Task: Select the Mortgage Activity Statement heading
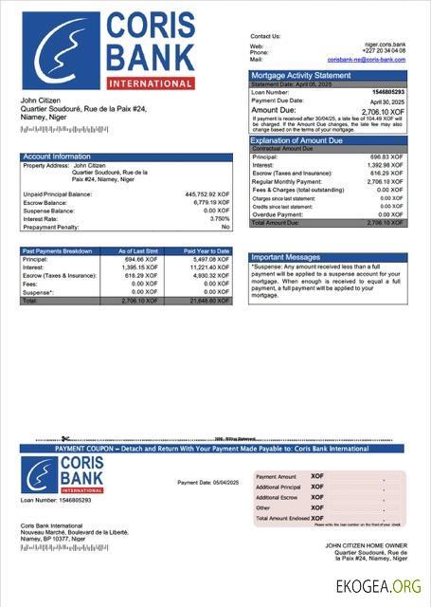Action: [x=299, y=76]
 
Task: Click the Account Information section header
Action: [x=57, y=156]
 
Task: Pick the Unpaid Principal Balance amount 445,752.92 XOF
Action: [x=207, y=194]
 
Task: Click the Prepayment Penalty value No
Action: [x=225, y=228]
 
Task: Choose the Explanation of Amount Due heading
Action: [x=301, y=140]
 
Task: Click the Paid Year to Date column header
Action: [x=208, y=251]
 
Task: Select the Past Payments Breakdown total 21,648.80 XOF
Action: [x=209, y=301]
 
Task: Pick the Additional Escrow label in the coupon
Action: [x=278, y=497]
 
